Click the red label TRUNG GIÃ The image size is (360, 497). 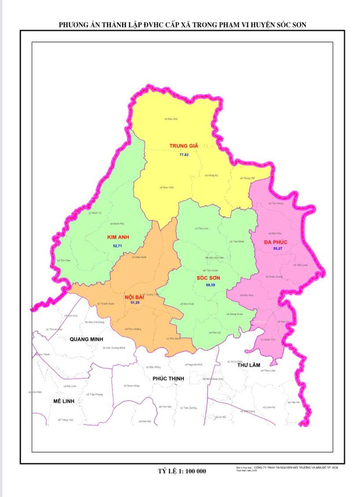click(184, 145)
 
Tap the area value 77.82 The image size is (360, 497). click(184, 154)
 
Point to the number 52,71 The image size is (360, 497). click(117, 246)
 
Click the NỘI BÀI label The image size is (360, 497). click(135, 297)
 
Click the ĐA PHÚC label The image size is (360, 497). click(276, 243)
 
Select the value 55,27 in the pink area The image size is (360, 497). click(278, 249)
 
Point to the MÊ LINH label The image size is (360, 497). click(63, 401)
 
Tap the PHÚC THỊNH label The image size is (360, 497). click(168, 379)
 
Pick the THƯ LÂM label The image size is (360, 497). click(249, 365)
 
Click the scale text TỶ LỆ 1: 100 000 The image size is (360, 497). click(182, 471)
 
